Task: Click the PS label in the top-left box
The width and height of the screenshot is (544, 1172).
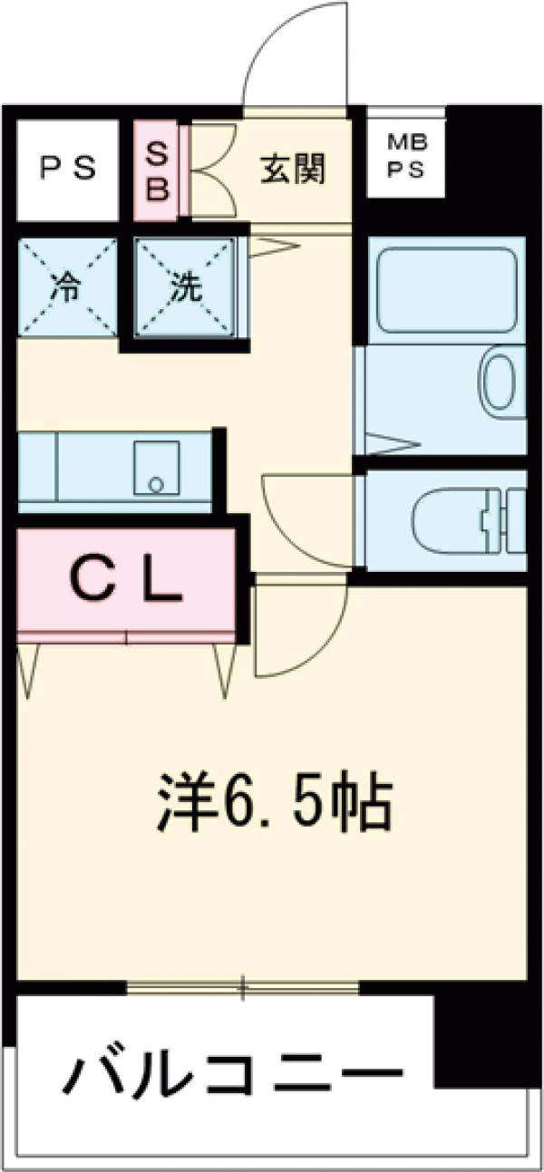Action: [x=68, y=169]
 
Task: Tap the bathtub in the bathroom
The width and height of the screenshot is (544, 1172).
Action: [x=444, y=287]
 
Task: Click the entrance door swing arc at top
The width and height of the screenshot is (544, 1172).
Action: [x=290, y=54]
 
